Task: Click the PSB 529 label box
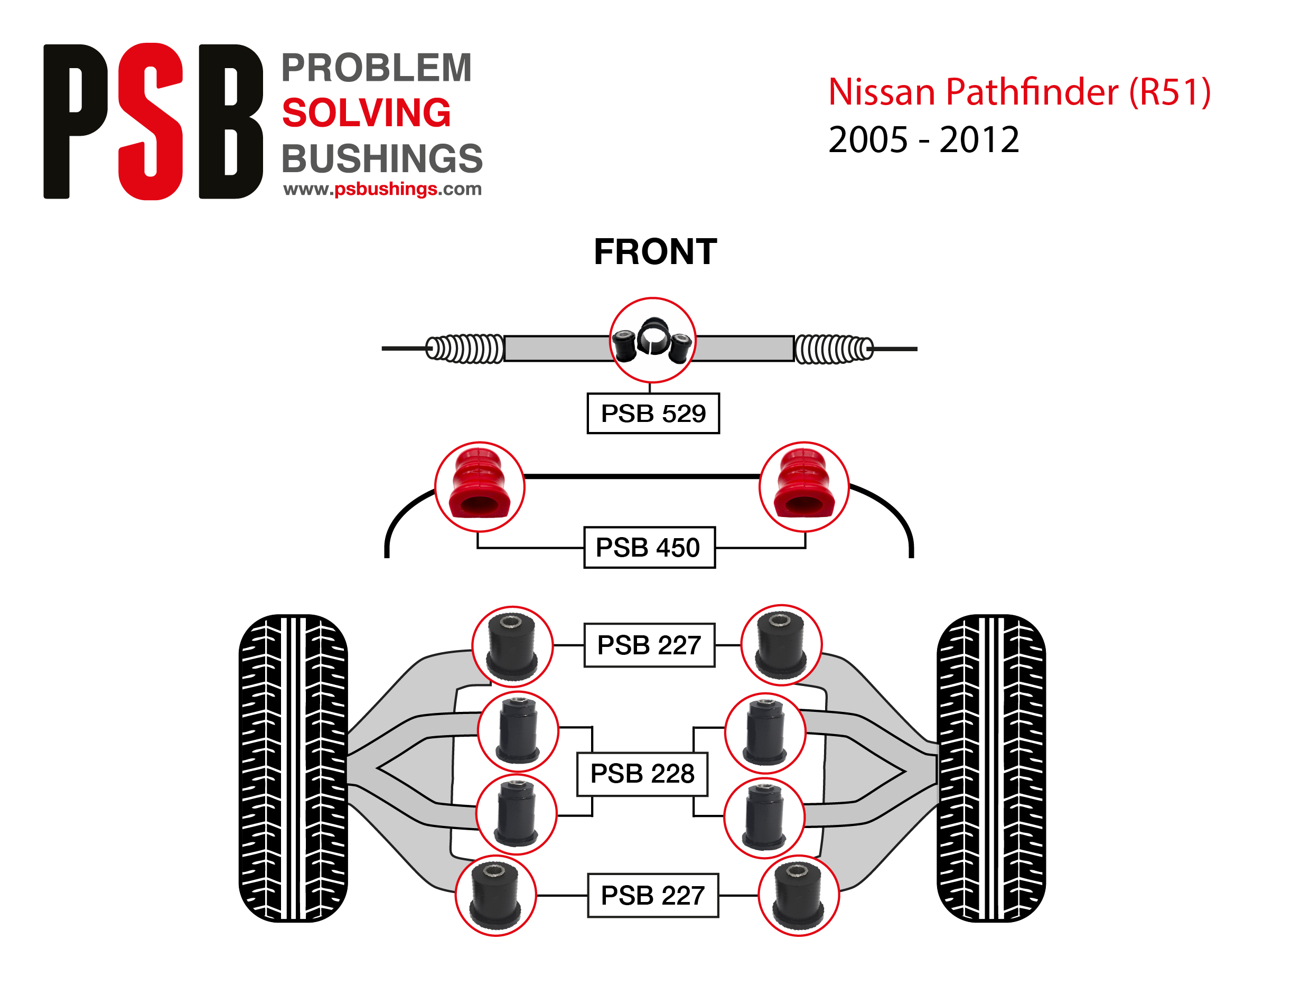click(x=653, y=413)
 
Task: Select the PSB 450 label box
click(x=649, y=547)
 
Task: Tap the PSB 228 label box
click(x=642, y=774)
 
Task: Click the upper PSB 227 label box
click(x=649, y=645)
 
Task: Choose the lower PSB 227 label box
click(x=653, y=895)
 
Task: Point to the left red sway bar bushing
click(x=480, y=487)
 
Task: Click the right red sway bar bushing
click(x=804, y=487)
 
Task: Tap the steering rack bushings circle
click(x=652, y=340)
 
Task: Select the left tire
click(x=293, y=768)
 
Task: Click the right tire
click(x=991, y=768)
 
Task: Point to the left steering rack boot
click(x=465, y=349)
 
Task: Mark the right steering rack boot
click(x=833, y=349)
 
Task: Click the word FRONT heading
click(x=656, y=252)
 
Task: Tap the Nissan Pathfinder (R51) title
click(x=1019, y=92)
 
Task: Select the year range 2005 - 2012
click(x=923, y=140)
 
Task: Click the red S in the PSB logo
click(x=151, y=121)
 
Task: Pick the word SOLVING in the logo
click(x=367, y=112)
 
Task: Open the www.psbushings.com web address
click(x=382, y=189)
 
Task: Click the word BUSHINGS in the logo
click(x=382, y=158)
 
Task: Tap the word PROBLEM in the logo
click(x=377, y=68)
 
